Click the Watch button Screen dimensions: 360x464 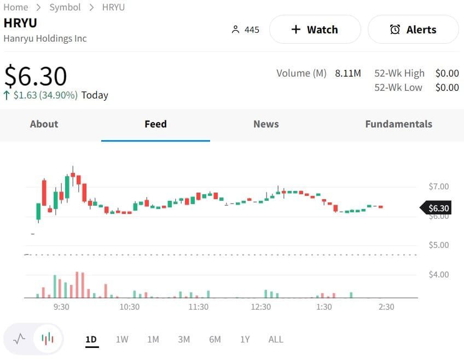(x=315, y=30)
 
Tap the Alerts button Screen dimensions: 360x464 (x=413, y=30)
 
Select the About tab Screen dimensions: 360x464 (x=44, y=124)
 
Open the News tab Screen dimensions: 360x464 (x=266, y=124)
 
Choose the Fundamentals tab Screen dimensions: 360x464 (x=398, y=124)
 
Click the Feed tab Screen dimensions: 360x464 (x=155, y=124)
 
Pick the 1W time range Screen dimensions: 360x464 (x=122, y=339)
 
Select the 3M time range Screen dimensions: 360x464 (x=184, y=339)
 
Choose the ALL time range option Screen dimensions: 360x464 (x=276, y=339)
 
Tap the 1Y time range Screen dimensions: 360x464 (x=245, y=339)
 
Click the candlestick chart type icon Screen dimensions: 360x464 (x=48, y=339)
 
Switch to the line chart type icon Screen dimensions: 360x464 (x=19, y=339)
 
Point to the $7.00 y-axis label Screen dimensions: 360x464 (x=438, y=187)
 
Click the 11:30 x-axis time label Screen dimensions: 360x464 (x=198, y=307)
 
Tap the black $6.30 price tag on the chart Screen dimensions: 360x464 (x=438, y=208)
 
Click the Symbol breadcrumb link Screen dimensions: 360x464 (x=65, y=7)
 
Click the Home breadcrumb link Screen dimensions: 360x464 (x=16, y=7)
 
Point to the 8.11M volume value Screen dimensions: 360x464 (x=348, y=73)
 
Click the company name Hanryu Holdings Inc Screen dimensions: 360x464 (x=45, y=38)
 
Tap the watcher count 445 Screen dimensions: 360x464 (x=251, y=30)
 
